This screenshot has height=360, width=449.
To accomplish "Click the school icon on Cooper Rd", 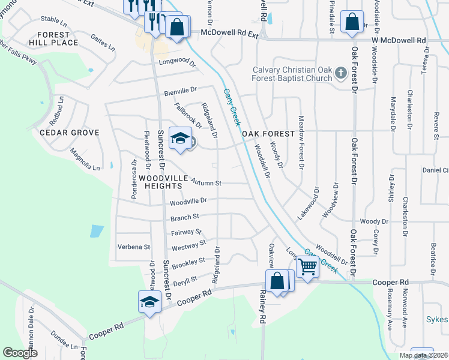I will coord(149,301).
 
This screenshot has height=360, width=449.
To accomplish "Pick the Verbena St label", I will coord(134,247).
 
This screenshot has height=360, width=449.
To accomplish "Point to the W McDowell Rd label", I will coord(399,40).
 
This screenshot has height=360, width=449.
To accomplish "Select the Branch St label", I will coord(184,218).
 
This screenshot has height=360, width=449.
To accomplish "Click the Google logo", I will coord(20,353).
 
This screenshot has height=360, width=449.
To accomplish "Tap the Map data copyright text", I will coord(423,355).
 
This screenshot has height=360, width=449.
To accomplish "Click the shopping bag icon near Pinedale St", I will coord(351,22).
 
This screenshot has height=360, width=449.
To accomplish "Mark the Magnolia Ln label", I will coord(85,159).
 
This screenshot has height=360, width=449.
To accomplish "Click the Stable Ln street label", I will coord(53,20).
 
